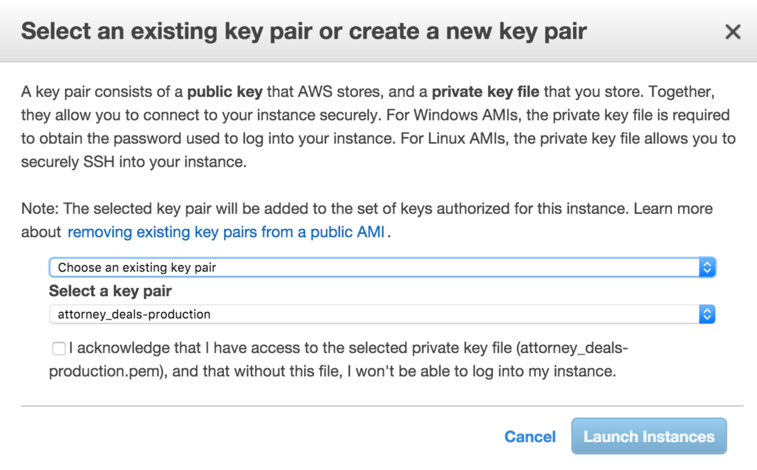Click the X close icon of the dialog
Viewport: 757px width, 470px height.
(733, 32)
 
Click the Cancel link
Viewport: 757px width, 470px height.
(530, 437)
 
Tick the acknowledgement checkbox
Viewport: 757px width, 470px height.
(58, 349)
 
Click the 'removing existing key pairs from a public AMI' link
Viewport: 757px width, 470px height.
(226, 232)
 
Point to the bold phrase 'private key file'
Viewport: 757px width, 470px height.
(486, 92)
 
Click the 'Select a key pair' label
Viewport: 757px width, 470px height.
(110, 291)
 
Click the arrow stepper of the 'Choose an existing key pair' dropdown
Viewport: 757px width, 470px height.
(707, 267)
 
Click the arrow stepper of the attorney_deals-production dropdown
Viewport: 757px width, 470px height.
(707, 315)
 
